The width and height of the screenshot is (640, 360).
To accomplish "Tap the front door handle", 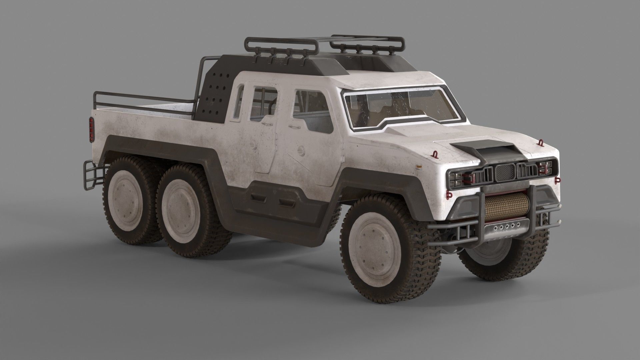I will coord(293,127).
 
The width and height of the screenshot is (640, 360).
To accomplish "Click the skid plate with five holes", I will coord(507,227).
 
